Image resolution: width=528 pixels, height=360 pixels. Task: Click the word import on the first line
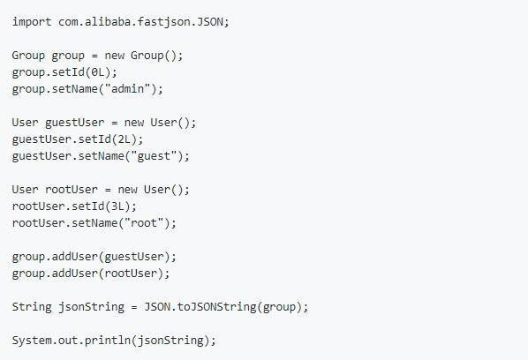tap(32, 22)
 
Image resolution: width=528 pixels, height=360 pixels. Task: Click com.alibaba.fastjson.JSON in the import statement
tap(140, 22)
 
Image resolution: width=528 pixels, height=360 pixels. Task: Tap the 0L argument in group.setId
tap(98, 72)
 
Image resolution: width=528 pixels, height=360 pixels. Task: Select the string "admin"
tap(128, 89)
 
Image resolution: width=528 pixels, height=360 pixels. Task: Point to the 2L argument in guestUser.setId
tap(124, 139)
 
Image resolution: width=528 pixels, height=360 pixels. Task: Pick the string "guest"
tap(154, 156)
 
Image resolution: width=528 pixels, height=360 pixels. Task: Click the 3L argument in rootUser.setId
tap(117, 206)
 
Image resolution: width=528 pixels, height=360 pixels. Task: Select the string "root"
tap(144, 222)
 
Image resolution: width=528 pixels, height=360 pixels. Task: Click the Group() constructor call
tap(154, 56)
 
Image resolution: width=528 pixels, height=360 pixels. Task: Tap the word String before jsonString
tap(32, 307)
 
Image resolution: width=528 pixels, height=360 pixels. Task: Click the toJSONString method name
tap(216, 307)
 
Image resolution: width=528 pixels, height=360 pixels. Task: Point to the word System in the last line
tap(32, 341)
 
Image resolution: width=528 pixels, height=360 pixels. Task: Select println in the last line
tap(108, 341)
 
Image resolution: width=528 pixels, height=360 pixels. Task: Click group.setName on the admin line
tap(55, 89)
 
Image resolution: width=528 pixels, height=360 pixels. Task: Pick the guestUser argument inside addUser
tap(134, 257)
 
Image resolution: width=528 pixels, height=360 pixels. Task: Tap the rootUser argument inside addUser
tap(131, 273)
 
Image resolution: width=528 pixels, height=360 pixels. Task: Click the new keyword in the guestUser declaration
tap(134, 123)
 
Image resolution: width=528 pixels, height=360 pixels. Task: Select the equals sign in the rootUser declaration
tap(108, 190)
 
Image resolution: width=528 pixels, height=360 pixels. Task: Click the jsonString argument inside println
tap(170, 341)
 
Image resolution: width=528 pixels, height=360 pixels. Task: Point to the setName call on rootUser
tap(94, 222)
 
